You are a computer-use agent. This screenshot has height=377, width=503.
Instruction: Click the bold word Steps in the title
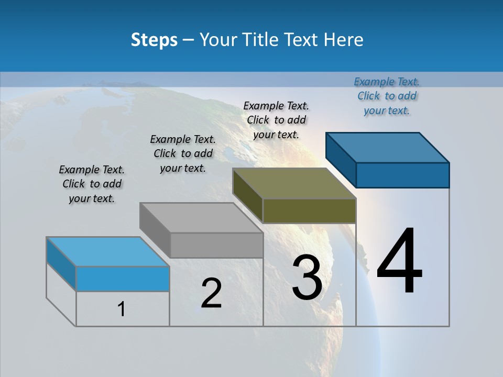coord(154,40)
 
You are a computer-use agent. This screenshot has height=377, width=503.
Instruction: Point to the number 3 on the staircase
coord(307,278)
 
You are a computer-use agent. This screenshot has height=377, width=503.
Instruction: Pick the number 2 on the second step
coord(211,293)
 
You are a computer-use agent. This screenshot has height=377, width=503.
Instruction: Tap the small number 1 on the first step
coord(122,309)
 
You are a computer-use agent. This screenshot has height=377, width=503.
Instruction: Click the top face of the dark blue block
coord(388,147)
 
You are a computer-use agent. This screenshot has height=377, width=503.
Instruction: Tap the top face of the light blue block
coord(108,252)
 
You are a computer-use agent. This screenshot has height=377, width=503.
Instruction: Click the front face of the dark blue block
coord(402,175)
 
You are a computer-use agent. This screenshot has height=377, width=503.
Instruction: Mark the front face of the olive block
coord(309,210)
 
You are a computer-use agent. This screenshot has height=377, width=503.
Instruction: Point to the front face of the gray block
coord(216,245)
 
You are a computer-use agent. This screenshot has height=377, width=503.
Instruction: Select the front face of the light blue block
coord(123,279)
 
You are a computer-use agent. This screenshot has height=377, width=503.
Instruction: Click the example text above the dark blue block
coord(387,96)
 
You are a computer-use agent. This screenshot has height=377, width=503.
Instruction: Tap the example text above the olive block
coord(276,120)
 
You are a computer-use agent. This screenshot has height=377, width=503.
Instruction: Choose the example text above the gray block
coord(183,153)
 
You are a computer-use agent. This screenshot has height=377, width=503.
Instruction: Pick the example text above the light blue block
coord(92,184)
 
